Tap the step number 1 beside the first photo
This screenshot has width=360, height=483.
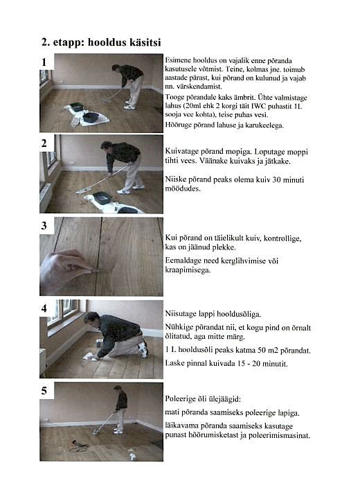pos(44,62)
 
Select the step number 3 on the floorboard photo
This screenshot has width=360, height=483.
pos(44,225)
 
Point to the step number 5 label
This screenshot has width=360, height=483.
pos(44,391)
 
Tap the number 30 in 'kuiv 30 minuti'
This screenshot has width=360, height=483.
pos(276,179)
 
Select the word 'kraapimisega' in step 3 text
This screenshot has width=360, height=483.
pos(188,270)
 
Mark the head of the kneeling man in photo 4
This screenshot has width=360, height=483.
pos(91,319)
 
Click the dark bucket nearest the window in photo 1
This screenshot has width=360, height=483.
pos(77,107)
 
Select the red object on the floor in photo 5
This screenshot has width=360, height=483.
pos(75,443)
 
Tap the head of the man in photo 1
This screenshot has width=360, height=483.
pos(116,68)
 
